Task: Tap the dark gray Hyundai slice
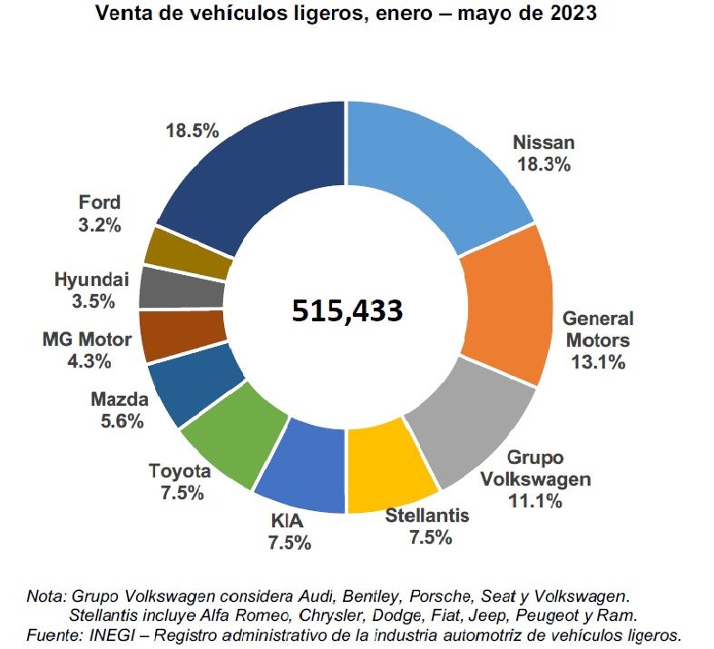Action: tap(181, 289)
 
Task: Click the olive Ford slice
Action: tap(188, 252)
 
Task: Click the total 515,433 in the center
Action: tap(347, 310)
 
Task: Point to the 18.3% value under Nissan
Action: tap(543, 164)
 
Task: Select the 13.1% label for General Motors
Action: tap(598, 362)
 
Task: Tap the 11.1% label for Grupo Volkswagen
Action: tap(535, 499)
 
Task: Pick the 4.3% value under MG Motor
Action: tap(89, 360)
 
